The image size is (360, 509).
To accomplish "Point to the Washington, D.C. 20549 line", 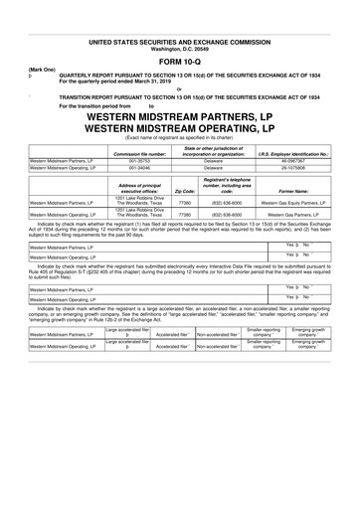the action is tap(179, 41).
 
